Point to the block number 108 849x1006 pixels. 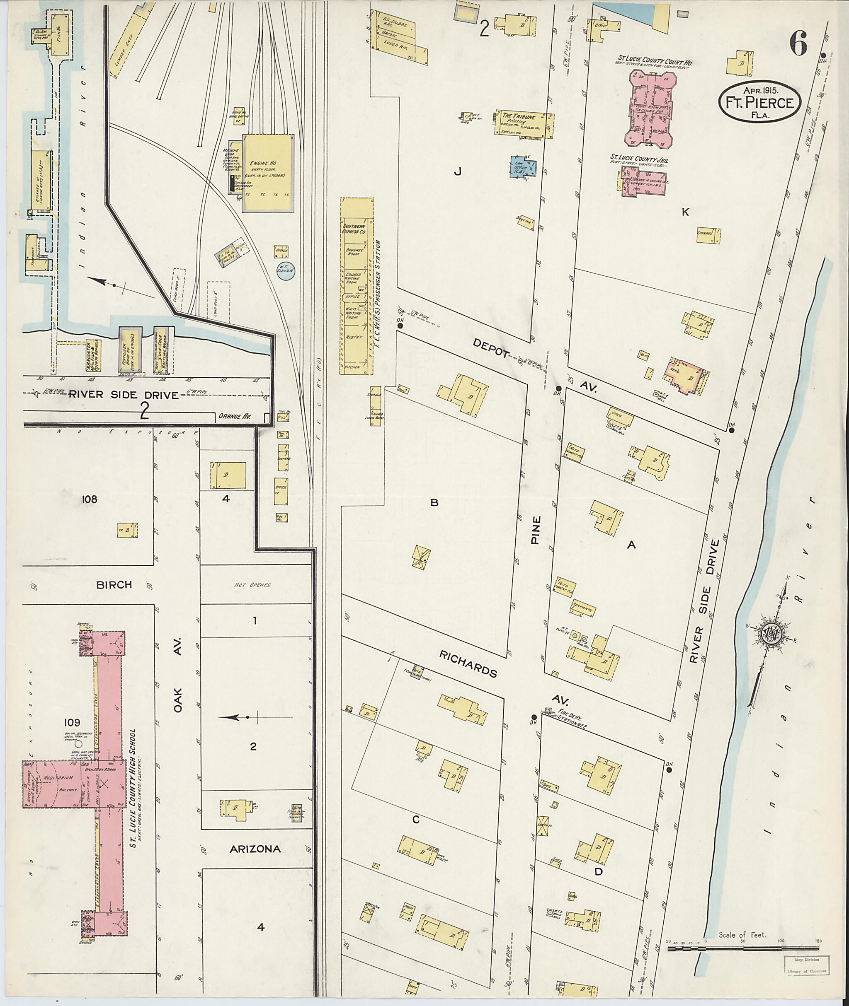(x=90, y=499)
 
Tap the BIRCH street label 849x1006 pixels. (x=114, y=585)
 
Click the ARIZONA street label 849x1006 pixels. (x=255, y=849)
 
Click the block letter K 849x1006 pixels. (x=685, y=212)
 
